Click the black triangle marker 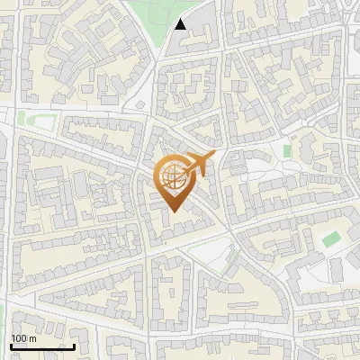181,24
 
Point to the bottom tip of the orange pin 174,212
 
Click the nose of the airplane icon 214,156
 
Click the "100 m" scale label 23,338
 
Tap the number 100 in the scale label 19,338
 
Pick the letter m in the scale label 32,339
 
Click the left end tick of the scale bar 11,346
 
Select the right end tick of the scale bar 74,346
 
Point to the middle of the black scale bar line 42,347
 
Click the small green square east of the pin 287,150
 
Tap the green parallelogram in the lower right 332,238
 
